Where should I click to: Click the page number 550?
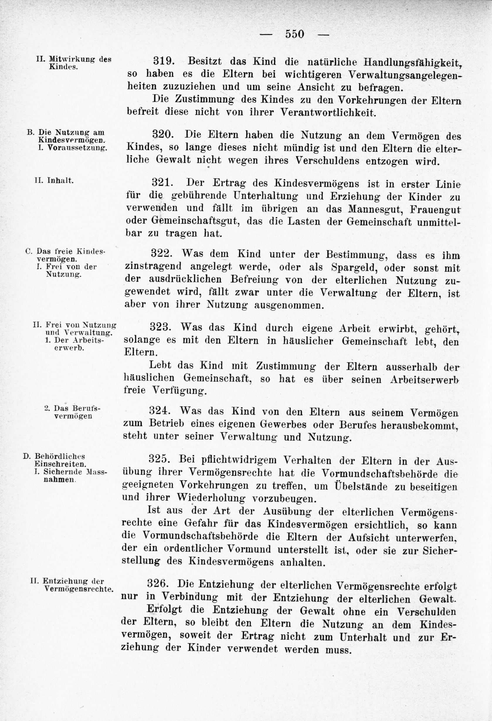295,34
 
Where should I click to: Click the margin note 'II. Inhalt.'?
54,181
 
